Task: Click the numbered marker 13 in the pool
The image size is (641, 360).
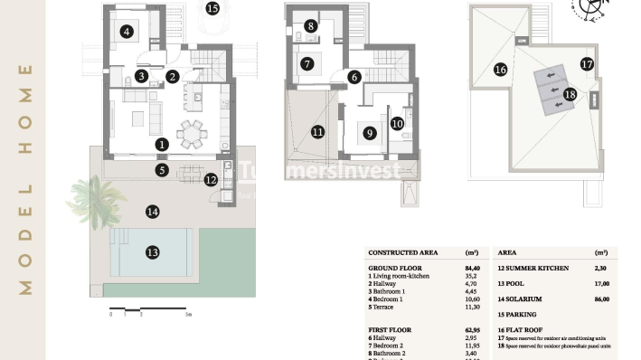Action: [x=153, y=252]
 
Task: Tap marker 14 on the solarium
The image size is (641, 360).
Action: [x=152, y=212]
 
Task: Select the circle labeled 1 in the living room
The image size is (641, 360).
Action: [x=161, y=144]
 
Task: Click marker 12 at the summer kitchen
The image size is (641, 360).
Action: [x=211, y=179]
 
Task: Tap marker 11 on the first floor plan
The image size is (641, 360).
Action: [x=317, y=132]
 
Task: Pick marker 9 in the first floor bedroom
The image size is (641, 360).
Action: [x=370, y=133]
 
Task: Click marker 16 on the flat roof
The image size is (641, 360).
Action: [x=500, y=69]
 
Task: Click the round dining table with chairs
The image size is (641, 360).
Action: [x=191, y=134]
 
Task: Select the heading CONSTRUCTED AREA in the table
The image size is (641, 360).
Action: [x=403, y=252]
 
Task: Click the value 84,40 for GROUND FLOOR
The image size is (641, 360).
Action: [x=472, y=268]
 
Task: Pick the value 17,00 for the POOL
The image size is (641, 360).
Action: [x=601, y=283]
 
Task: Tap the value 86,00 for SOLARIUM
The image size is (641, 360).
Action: [x=601, y=298]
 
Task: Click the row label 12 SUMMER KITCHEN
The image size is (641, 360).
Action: [x=534, y=268]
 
